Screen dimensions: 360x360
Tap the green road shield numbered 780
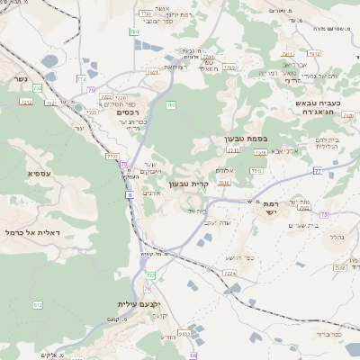pyautogui.click(x=135, y=31)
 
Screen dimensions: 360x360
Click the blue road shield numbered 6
pyautogui.click(x=130, y=194)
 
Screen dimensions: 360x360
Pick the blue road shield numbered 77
pyautogui.click(x=317, y=169)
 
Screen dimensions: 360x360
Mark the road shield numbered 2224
pyautogui.click(x=229, y=272)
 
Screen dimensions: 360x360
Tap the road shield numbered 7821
pyautogui.click(x=152, y=72)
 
